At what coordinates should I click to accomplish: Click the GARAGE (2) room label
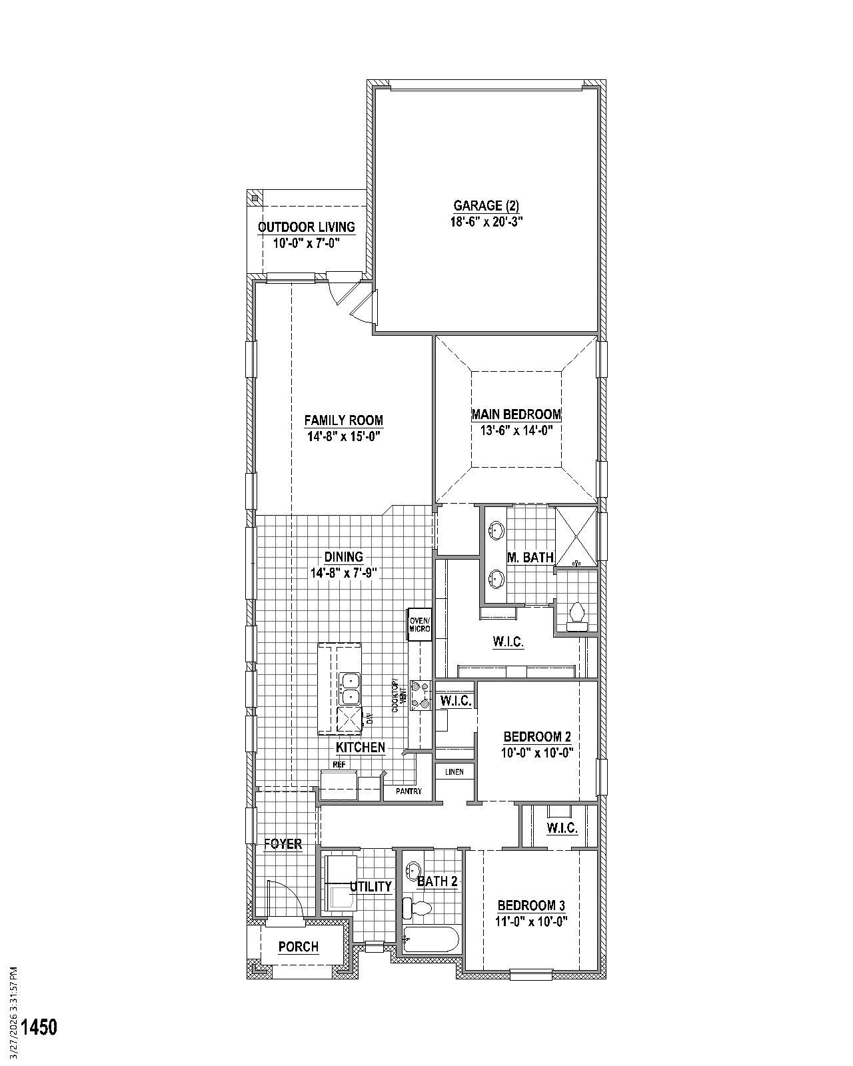pos(486,205)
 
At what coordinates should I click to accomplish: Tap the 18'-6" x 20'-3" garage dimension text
pos(486,222)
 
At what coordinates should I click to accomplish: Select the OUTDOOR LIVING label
pos(307,227)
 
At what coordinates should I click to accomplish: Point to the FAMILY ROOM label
pos(344,420)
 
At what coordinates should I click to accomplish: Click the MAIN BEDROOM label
pos(516,414)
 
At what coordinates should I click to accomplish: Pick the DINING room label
pos(344,556)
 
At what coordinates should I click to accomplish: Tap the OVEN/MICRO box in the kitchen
pos(420,624)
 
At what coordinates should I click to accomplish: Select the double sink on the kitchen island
pos(349,689)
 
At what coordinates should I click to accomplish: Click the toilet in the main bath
pos(576,614)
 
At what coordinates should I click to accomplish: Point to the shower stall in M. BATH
pos(576,536)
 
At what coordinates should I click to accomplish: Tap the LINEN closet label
pos(454,772)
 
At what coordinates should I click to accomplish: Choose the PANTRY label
pos(409,792)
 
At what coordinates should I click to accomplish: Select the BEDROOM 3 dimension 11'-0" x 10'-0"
pos(532,921)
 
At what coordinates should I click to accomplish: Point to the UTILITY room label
pos(371,886)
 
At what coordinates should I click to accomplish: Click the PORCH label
pos(299,947)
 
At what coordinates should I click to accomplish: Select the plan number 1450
pos(39,1027)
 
